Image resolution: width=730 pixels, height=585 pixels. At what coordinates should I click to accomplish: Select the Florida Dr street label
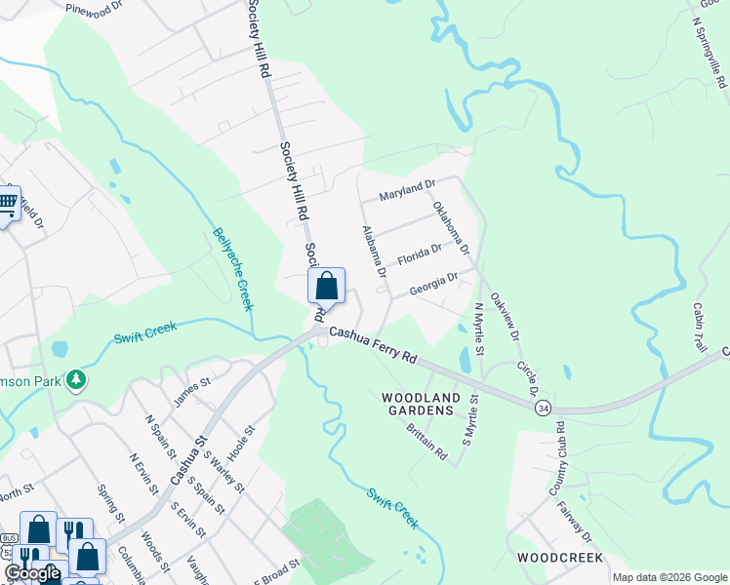click(x=418, y=255)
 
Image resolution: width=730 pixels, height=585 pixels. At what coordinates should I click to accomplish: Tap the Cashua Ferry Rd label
click(x=373, y=346)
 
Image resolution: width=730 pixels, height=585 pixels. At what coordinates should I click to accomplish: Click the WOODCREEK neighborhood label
click(x=559, y=558)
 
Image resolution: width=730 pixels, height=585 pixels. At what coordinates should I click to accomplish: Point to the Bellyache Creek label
click(x=234, y=269)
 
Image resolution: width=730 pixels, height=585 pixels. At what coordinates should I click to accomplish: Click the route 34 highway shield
click(x=543, y=408)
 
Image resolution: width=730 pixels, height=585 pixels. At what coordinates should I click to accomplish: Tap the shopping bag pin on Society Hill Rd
click(x=327, y=287)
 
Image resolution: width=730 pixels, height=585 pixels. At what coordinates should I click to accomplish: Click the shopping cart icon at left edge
click(x=8, y=204)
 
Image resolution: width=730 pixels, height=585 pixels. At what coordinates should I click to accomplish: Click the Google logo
click(x=31, y=573)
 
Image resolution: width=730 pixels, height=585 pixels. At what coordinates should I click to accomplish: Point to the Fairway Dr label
click(x=575, y=522)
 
